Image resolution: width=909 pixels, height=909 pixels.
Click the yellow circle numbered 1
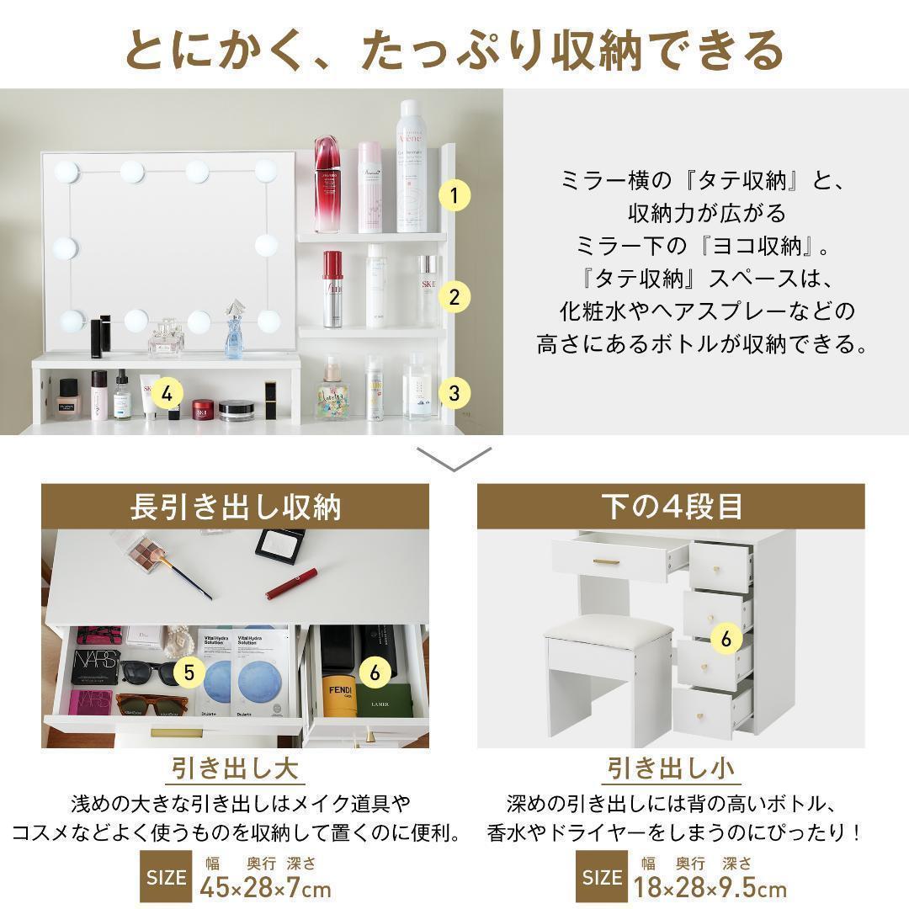[x=454, y=196]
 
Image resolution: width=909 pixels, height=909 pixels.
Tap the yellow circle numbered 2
[x=454, y=296]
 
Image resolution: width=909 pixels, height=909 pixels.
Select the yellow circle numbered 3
[x=454, y=392]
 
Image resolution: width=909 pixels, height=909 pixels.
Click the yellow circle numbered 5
[x=189, y=672]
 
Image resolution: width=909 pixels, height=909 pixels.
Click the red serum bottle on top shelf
[x=327, y=185]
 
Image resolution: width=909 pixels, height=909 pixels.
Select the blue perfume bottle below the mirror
[x=234, y=335]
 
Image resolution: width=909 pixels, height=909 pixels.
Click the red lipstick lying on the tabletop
[x=292, y=583]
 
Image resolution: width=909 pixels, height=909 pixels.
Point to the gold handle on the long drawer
[x=608, y=562]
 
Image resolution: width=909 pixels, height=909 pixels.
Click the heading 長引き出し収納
[x=235, y=508]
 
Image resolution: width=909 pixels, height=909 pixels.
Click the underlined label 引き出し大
[x=235, y=768]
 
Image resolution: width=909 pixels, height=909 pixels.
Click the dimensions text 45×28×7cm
[x=265, y=887]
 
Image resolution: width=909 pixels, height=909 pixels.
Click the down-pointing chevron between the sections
[x=454, y=459]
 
